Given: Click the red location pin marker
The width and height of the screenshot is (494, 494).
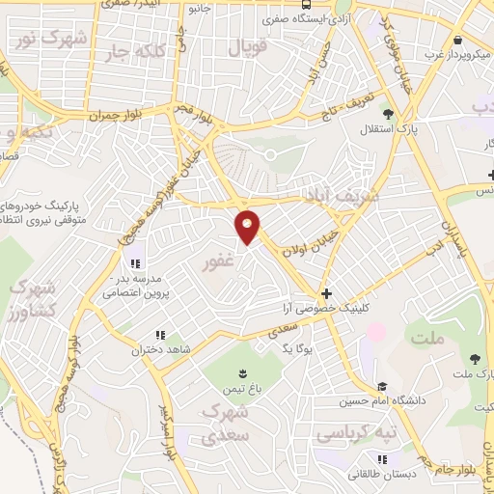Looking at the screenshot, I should [x=248, y=227].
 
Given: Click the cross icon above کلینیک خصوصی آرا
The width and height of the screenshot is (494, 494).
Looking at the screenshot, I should [x=326, y=293].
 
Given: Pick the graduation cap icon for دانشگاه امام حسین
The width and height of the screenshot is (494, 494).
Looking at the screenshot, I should [x=382, y=387].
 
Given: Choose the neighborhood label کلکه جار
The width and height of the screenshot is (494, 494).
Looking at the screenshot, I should [x=145, y=52].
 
